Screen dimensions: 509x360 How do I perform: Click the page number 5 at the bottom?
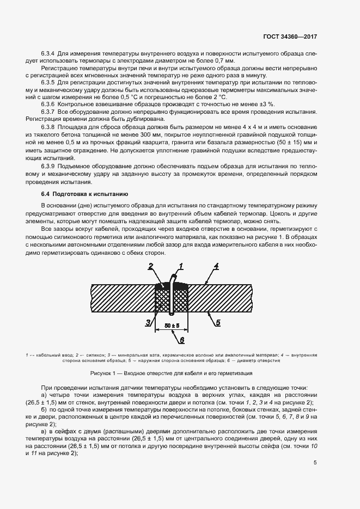pos(315,463)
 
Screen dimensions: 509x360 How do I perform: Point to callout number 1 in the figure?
pos(181,266)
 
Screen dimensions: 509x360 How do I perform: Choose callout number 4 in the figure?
pos(216,266)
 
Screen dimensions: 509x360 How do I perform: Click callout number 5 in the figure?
pos(217,323)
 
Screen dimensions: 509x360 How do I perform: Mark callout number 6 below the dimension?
pos(182,340)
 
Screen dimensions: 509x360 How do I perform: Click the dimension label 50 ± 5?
pos(172,325)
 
